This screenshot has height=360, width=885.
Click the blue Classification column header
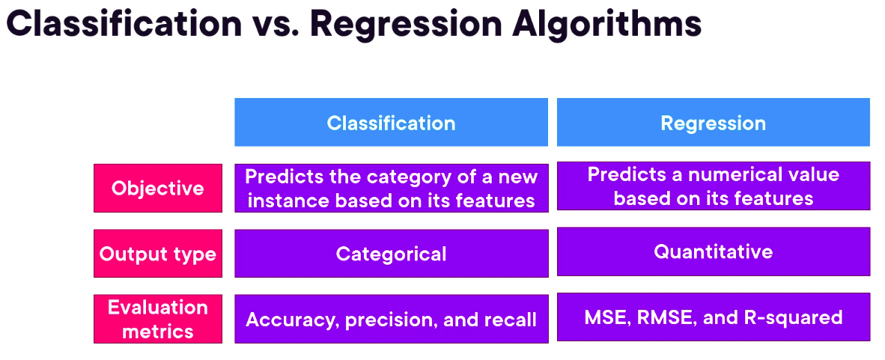[x=391, y=123]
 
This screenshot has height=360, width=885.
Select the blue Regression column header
[x=714, y=123]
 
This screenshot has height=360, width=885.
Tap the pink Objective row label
[x=158, y=188]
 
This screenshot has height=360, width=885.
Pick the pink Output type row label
[x=158, y=254]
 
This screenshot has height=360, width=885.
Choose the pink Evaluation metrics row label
[x=158, y=319]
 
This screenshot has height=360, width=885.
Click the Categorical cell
[x=391, y=254]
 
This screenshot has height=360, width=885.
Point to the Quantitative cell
[x=714, y=251]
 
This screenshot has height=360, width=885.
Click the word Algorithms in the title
[x=606, y=24]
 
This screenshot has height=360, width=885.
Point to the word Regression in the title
[x=406, y=25]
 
